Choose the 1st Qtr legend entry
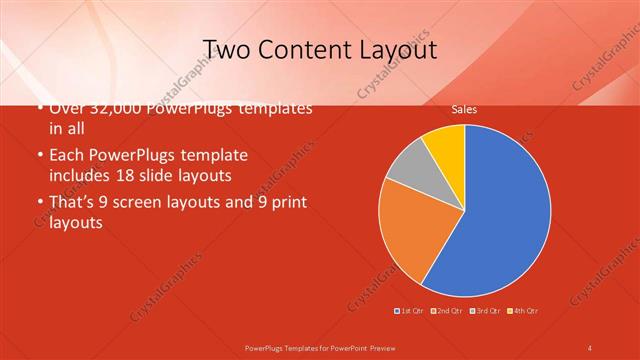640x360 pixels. pyautogui.click(x=411, y=311)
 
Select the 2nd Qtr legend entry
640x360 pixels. pyautogui.click(x=447, y=311)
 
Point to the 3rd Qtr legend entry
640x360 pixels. pyautogui.click(x=485, y=311)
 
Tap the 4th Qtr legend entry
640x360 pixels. pyautogui.click(x=523, y=311)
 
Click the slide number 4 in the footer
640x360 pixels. pyautogui.click(x=590, y=347)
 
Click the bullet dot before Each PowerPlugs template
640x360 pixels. pyautogui.click(x=39, y=156)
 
